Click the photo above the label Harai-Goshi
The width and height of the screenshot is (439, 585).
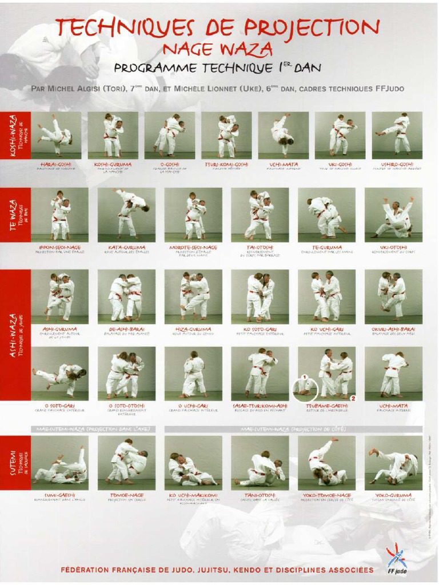click(x=56, y=135)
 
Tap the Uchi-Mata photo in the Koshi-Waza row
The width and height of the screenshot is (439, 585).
click(x=284, y=135)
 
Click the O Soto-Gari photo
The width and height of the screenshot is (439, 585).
click(x=59, y=373)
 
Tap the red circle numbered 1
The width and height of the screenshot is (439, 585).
click(x=305, y=377)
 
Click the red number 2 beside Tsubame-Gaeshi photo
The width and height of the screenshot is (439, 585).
click(x=353, y=397)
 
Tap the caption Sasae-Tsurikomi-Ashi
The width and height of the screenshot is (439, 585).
click(x=260, y=406)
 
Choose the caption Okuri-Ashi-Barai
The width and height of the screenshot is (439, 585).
click(x=393, y=329)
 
